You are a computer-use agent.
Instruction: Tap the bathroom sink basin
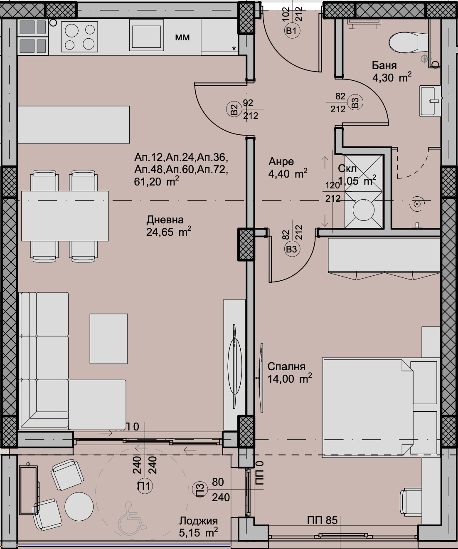pyautogui.click(x=430, y=101)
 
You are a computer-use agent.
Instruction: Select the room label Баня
pyautogui.click(x=384, y=65)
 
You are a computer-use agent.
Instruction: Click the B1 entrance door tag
pyautogui.click(x=292, y=30)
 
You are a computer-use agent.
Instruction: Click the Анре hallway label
pyautogui.click(x=281, y=161)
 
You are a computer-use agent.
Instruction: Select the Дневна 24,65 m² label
pyautogui.click(x=168, y=226)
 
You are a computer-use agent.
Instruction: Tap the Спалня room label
pyautogui.click(x=286, y=366)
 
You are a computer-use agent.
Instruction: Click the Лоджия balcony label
pyautogui.click(x=198, y=521)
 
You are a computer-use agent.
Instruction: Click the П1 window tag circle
pyautogui.click(x=145, y=486)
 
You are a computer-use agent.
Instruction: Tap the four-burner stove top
pyautogui.click(x=79, y=37)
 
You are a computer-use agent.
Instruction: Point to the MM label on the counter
pyautogui.click(x=182, y=37)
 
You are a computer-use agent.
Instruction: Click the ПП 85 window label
pyautogui.click(x=323, y=520)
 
